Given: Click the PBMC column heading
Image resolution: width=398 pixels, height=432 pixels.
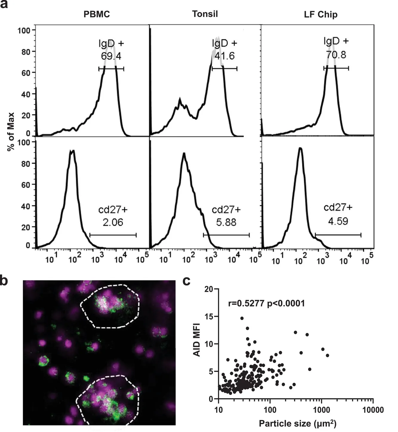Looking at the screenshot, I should pos(96,14).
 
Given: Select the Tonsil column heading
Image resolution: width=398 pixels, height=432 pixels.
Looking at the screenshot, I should pos(205,14).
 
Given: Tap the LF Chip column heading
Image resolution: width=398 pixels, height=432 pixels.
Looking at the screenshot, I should pos(321,14).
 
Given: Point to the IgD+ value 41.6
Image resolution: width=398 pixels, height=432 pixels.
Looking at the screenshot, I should pos(225,56).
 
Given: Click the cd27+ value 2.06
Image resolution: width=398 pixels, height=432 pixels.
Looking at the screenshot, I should pos(113,222).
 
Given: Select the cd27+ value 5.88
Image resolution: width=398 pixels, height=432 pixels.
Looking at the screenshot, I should pos(226,222).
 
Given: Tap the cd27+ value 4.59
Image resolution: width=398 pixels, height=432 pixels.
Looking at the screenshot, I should pos(338,221).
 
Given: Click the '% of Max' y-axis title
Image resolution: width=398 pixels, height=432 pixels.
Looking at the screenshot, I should pos(11,132).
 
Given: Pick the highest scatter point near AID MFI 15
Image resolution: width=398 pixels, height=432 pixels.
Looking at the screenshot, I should pos(242,318).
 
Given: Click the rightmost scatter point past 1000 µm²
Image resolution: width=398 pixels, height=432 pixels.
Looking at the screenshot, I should pos(328,355).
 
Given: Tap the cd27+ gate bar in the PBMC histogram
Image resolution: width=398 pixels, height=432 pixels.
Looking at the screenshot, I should pos(113,235).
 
